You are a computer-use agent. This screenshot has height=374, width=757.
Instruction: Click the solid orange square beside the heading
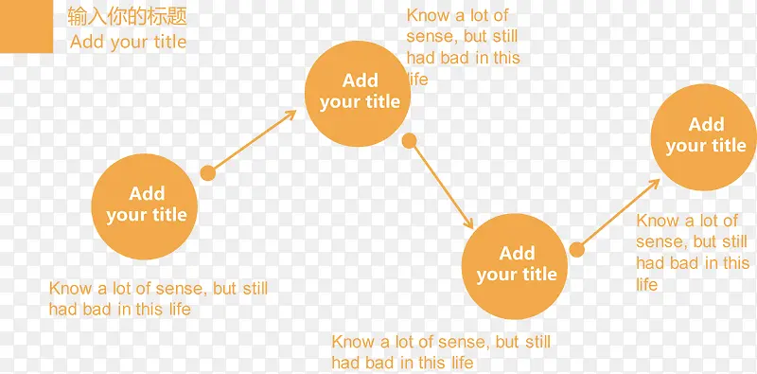coord(26,27)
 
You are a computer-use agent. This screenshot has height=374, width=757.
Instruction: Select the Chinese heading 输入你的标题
coord(127,17)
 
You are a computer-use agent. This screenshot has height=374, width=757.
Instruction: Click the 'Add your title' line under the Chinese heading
coord(128,43)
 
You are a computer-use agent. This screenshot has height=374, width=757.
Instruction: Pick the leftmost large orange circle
coord(145,206)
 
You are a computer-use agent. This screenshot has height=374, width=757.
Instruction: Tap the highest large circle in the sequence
coord(358,94)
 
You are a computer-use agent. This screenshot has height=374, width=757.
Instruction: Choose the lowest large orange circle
coord(515,266)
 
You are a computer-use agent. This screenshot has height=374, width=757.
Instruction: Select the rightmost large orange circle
coord(704,137)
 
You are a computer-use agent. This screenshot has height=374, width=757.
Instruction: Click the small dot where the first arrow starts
coord(207,173)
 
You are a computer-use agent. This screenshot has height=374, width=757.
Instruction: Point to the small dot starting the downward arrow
coord(410,141)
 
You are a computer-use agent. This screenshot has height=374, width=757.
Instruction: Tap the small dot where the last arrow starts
coord(577,250)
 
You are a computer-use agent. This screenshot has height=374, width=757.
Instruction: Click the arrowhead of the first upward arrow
coord(290,115)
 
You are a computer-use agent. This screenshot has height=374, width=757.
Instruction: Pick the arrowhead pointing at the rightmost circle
coord(654,184)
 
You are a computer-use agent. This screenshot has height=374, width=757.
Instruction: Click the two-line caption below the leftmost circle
coord(158,298)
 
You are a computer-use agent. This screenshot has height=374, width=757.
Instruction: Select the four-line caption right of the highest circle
coord(463,47)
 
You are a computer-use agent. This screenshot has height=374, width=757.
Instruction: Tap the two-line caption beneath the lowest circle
coord(441,352)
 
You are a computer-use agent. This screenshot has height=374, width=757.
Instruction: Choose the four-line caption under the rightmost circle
coord(693,252)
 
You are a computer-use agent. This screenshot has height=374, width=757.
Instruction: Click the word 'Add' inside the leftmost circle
coord(147,193)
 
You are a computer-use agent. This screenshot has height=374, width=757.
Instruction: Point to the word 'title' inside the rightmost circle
coord(727,146)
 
